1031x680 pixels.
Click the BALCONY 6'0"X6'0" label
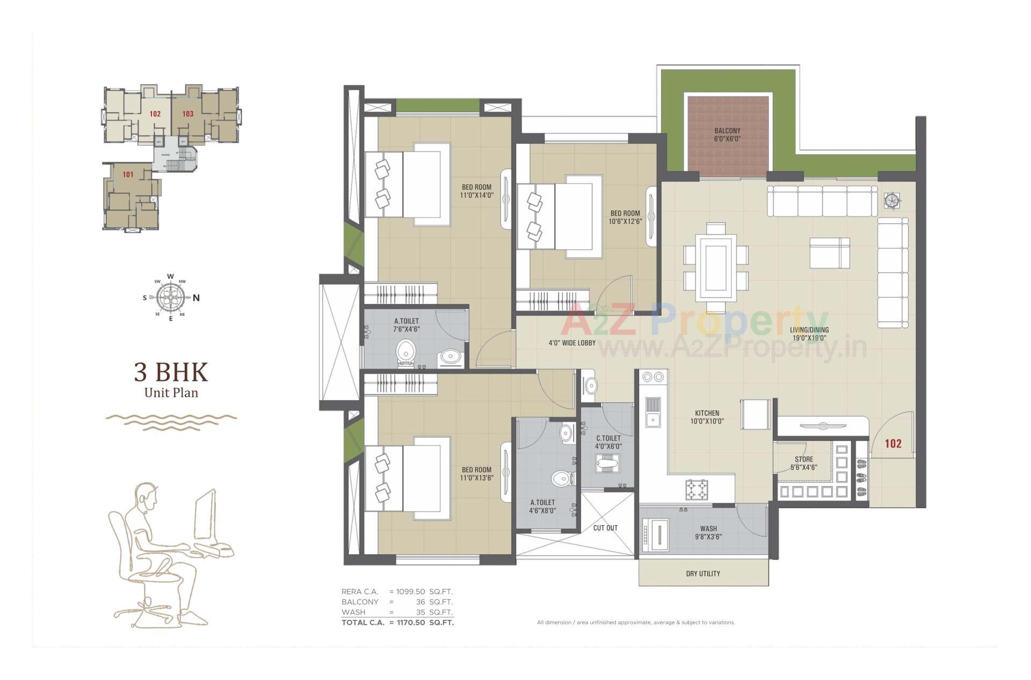[727, 134]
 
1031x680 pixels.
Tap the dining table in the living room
[716, 267]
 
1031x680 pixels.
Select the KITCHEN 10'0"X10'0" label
[707, 417]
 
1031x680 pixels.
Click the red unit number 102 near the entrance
[893, 443]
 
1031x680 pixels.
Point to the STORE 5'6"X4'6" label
[804, 463]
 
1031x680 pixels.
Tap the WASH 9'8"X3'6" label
[708, 532]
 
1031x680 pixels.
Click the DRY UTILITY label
[703, 574]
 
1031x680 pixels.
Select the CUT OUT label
[605, 528]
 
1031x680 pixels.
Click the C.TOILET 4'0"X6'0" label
[608, 442]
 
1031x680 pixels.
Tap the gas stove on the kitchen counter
[696, 489]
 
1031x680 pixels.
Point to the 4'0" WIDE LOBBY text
[572, 343]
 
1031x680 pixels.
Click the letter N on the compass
[197, 298]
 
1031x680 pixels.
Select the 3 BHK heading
[171, 372]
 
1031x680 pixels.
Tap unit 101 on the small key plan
[128, 175]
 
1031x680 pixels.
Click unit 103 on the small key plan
[187, 114]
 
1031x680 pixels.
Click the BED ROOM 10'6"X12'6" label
[625, 217]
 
